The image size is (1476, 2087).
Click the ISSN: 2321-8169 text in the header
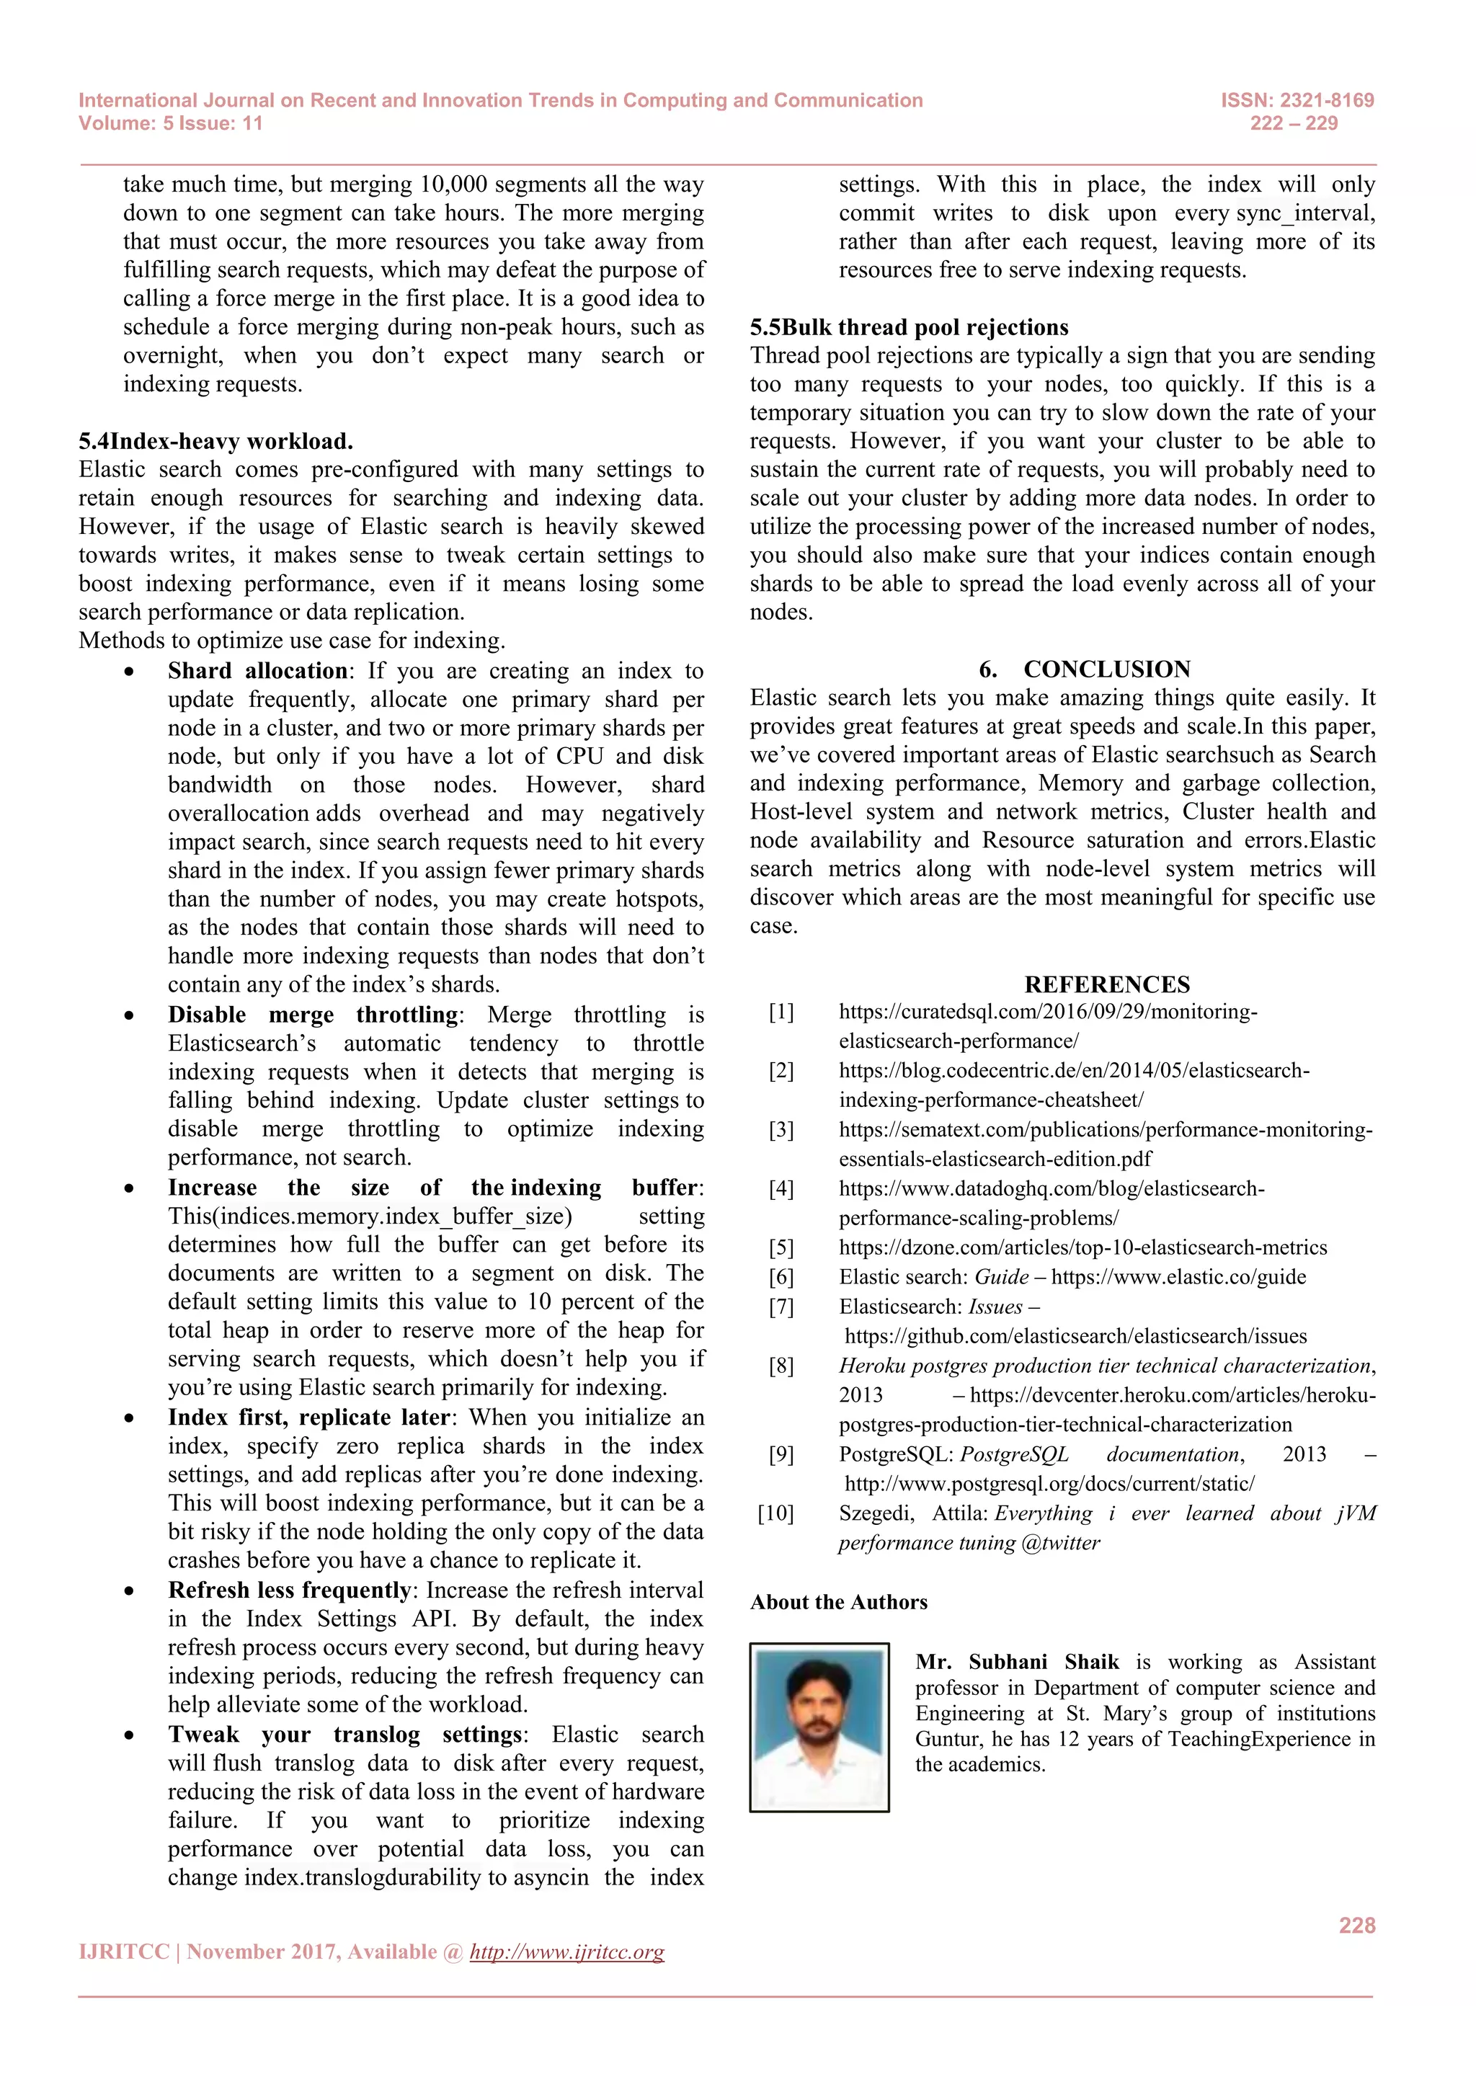click(1297, 100)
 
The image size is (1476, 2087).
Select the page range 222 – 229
click(1294, 124)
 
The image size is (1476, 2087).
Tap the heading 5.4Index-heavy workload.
click(215, 442)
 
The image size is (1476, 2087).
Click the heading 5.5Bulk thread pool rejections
click(909, 327)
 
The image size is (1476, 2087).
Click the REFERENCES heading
click(1106, 984)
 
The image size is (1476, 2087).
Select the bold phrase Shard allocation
click(257, 671)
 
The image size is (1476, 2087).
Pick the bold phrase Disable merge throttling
click(314, 1015)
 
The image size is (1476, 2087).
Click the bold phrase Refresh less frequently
click(290, 1590)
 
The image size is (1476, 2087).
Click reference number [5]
click(781, 1248)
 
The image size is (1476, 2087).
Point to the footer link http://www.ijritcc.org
click(566, 1952)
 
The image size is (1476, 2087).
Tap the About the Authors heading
click(838, 1603)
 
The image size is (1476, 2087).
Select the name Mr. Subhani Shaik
click(1017, 1662)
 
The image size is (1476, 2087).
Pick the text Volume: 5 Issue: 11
click(170, 124)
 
